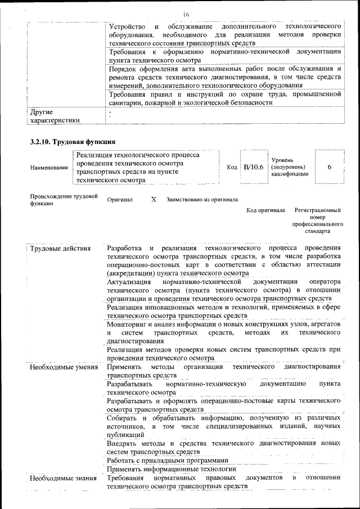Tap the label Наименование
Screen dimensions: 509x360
click(x=49, y=168)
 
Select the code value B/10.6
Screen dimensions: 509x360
click(x=253, y=168)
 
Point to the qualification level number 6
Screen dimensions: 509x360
click(x=329, y=168)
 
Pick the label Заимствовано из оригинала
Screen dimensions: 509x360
click(x=201, y=200)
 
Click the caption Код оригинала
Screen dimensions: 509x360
click(x=265, y=210)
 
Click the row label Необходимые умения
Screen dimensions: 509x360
click(x=61, y=367)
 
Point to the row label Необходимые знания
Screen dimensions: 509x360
click(x=61, y=478)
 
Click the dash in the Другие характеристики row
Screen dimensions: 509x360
click(x=110, y=112)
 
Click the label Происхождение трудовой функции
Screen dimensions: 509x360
click(x=64, y=200)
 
